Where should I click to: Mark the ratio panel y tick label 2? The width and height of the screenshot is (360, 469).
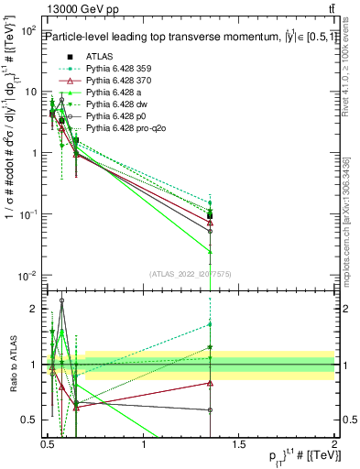pyautogui.click(x=34, y=309)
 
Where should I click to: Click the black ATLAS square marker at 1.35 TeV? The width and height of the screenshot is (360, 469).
pyautogui.click(x=210, y=216)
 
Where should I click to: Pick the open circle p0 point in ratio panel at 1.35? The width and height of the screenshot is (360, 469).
pyautogui.click(x=210, y=409)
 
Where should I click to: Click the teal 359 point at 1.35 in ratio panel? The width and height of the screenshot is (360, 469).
pyautogui.click(x=210, y=324)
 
